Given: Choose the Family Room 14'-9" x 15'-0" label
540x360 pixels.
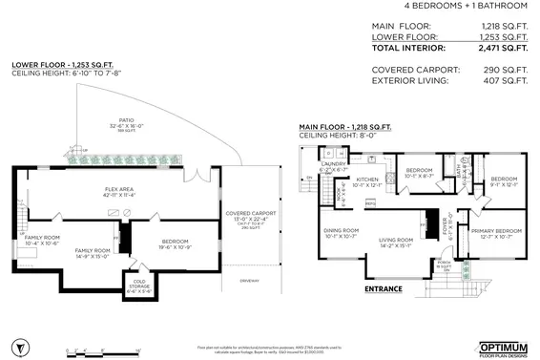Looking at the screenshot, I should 93,253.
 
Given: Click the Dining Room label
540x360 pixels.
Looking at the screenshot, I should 341,232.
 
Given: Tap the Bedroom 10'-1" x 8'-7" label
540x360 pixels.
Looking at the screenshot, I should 421,173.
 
